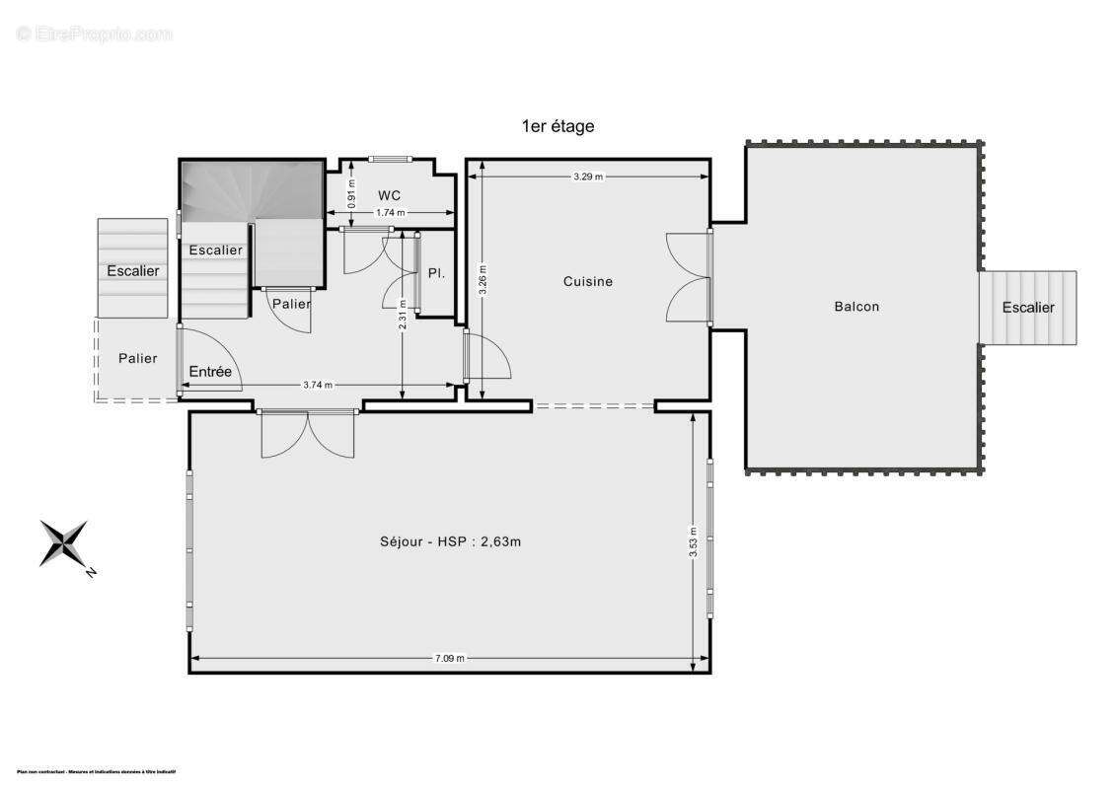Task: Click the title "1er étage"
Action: point(558,126)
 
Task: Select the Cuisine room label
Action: point(588,281)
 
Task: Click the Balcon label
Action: point(856,306)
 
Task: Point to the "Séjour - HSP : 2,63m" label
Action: point(450,540)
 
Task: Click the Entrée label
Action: point(210,372)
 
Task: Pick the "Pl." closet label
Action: point(436,273)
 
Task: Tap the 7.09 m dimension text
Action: point(449,658)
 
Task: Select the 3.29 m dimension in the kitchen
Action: point(587,177)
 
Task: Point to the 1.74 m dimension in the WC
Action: point(391,213)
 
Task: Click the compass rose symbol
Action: point(64,543)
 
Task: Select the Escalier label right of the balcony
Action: point(1028,307)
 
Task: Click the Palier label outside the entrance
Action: point(137,358)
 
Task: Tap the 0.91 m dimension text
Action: point(351,190)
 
